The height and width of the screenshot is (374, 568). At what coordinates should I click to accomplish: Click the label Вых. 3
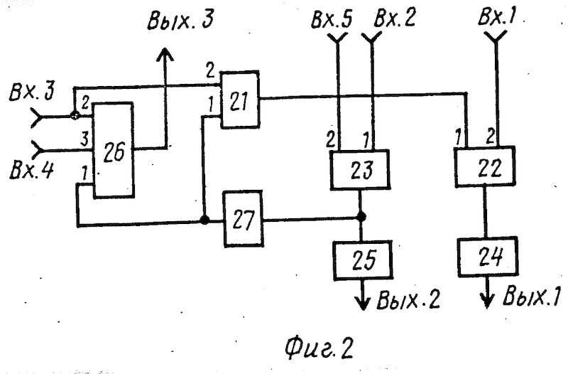pos(180,21)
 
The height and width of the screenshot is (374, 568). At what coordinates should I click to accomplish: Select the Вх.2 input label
pos(395,17)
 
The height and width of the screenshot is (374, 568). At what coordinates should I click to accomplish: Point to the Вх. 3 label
pos(31,91)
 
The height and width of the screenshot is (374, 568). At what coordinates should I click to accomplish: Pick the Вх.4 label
pos(32,169)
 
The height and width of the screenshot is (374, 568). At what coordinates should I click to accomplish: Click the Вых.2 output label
pos(408,299)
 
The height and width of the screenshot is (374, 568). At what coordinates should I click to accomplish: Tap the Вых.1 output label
pos(531,296)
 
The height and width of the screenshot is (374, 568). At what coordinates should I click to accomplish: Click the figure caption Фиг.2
pos(319,348)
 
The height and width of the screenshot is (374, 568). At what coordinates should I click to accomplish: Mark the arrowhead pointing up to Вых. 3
pos(165,55)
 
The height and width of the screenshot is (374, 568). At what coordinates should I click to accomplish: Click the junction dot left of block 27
pos(204,220)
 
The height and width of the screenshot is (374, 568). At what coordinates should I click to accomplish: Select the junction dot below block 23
pos(361,217)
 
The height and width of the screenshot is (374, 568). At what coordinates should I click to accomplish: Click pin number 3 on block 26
pos(84,139)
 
